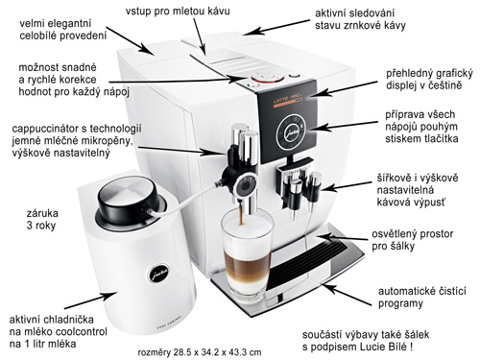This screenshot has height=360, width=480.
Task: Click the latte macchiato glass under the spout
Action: [x=247, y=252]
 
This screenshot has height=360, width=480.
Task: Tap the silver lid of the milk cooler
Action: [x=128, y=196]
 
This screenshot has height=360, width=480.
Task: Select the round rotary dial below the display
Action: [x=291, y=132]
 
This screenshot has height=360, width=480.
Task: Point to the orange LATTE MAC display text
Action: [x=287, y=100]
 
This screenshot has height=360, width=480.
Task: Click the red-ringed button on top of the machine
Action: [x=268, y=77]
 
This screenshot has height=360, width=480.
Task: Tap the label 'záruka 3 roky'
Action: [x=42, y=219]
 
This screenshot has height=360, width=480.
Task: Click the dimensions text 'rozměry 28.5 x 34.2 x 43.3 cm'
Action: [x=200, y=352]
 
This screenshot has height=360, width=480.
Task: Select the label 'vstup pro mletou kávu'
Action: [x=178, y=11]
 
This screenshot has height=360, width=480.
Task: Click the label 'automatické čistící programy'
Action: [x=422, y=297]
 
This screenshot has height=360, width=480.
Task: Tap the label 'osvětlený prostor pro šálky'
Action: [x=412, y=240]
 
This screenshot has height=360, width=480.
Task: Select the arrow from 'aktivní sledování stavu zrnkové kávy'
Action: [x=276, y=27]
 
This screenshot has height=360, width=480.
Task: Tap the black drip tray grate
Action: [x=306, y=263]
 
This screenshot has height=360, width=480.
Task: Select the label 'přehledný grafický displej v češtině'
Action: [x=429, y=80]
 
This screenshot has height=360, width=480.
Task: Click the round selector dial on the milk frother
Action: [x=246, y=186]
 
